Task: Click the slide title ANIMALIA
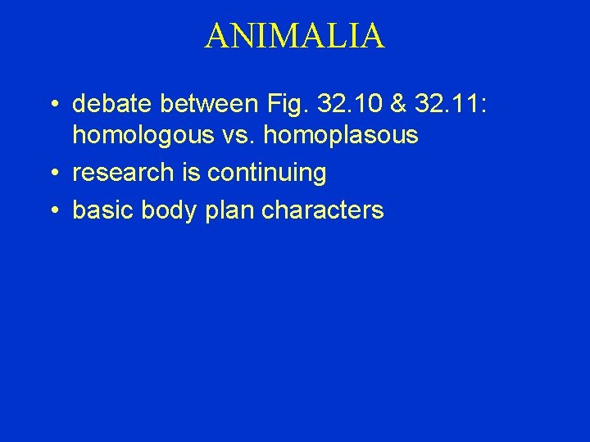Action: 294,36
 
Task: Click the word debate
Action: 112,104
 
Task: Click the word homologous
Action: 142,135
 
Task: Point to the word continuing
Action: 267,173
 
